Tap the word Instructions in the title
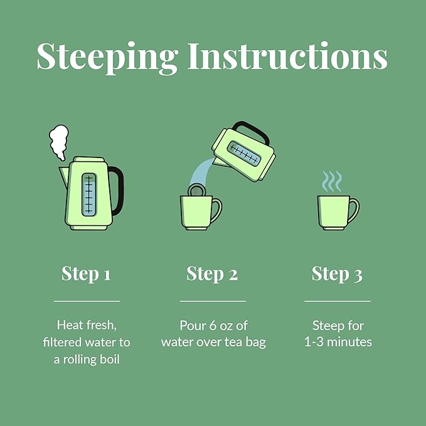[x=288, y=56]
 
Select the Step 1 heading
[x=86, y=274]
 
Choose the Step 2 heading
[x=212, y=274]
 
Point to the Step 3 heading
[x=337, y=274]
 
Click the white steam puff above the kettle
[x=59, y=142]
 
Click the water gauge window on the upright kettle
[x=89, y=194]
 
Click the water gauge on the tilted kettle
[x=244, y=154]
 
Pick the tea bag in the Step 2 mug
[x=197, y=190]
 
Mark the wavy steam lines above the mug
[x=331, y=181]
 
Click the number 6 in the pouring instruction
[x=213, y=326]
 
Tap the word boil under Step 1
[x=110, y=359]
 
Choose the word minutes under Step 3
[x=349, y=342]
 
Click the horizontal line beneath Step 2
[x=213, y=301]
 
